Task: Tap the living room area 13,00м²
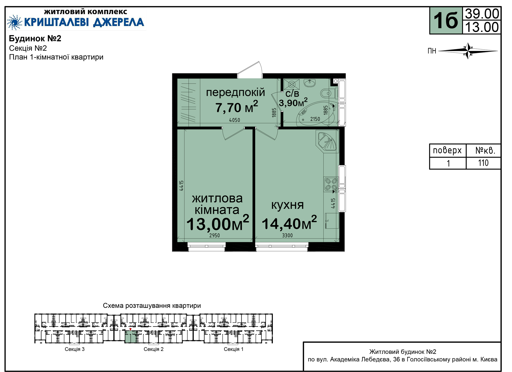point(218,223)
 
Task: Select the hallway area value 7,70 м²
point(237,107)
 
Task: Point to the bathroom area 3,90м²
point(293,102)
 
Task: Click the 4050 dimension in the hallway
point(235,120)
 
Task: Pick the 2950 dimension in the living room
point(214,235)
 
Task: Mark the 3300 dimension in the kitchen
point(287,235)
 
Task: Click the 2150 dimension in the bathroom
point(315,119)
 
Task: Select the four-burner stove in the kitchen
point(331,184)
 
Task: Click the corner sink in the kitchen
point(327,141)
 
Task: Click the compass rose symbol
point(468,51)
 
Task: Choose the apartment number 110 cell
point(483,163)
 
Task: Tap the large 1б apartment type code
point(446,21)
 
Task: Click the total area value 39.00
point(482,14)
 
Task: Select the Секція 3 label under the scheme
point(75,349)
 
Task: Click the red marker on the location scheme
point(130,330)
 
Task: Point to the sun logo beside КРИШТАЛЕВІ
point(14,22)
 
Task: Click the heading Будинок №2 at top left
point(35,38)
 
